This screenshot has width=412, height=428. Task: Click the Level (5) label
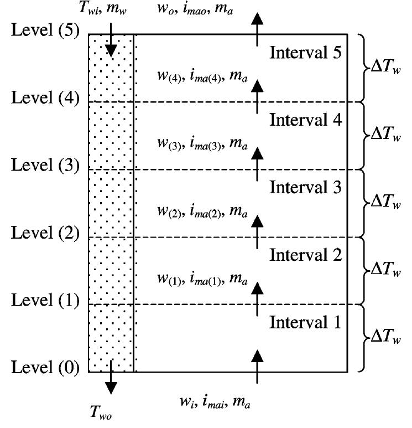[45, 31]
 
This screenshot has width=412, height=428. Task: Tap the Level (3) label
[45, 166]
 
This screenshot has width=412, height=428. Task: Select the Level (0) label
[45, 368]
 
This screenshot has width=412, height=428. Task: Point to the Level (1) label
[45, 301]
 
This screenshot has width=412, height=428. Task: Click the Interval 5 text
[306, 53]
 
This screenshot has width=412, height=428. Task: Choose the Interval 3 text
[306, 187]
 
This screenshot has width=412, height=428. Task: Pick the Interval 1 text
[306, 322]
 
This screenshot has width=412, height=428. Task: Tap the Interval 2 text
[306, 255]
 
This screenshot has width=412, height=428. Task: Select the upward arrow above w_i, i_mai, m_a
[257, 365]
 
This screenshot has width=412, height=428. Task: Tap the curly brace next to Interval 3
[360, 203]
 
